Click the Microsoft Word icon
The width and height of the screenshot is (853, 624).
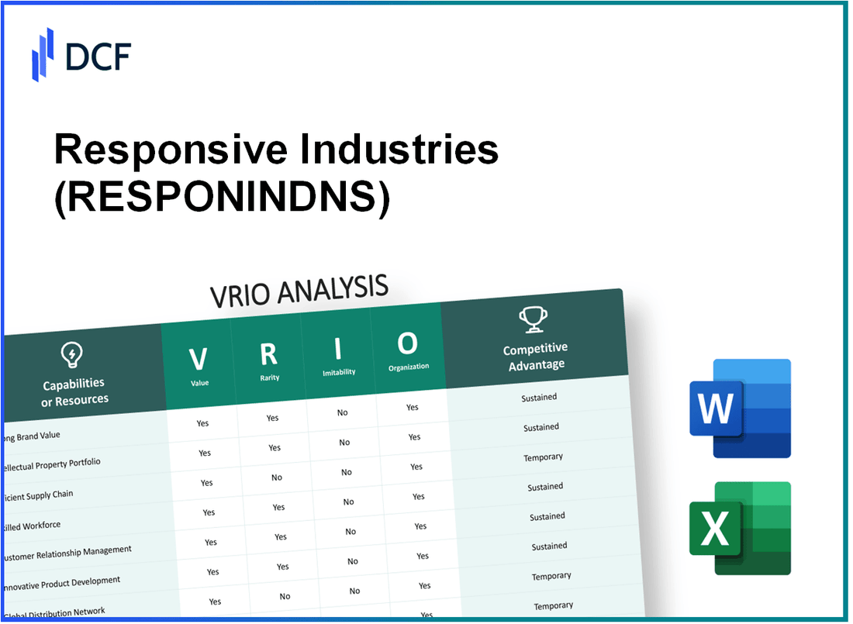click(x=739, y=408)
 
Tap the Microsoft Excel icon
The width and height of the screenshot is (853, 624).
click(x=739, y=528)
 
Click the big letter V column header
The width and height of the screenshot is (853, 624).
click(x=199, y=359)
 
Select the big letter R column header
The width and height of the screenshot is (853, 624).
click(x=268, y=353)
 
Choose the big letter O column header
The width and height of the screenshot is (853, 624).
click(x=408, y=343)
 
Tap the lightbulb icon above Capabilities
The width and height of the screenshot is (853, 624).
click(x=71, y=356)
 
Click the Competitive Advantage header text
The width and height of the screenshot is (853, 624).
click(x=536, y=356)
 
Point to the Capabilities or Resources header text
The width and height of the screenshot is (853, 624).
click(x=74, y=391)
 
